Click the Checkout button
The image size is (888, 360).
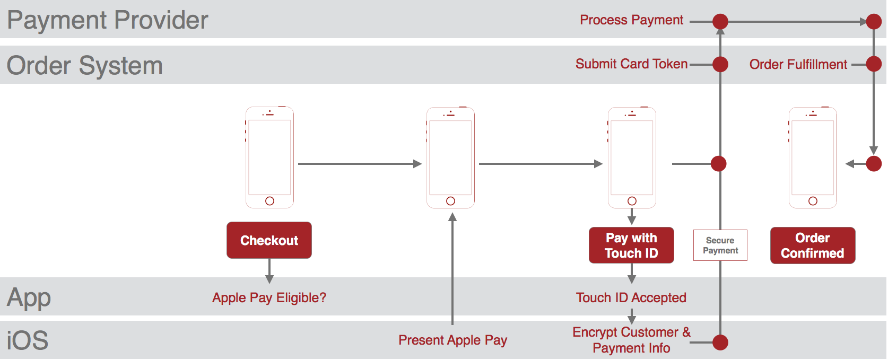tap(269, 240)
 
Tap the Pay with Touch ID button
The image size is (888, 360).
tap(631, 245)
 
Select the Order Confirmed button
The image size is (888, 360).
tap(813, 245)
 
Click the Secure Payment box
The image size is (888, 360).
tap(720, 245)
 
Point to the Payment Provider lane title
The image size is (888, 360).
tap(108, 20)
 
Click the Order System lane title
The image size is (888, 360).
tap(85, 65)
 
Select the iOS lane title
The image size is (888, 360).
tap(28, 340)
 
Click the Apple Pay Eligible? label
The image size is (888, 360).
tap(269, 297)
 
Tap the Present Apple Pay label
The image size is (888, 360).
tap(452, 340)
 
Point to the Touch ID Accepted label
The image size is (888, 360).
tap(631, 297)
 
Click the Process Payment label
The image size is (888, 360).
tap(631, 20)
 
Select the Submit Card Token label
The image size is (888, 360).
tap(631, 64)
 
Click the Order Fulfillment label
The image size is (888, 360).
tap(798, 64)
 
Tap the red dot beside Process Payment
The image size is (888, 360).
tap(720, 21)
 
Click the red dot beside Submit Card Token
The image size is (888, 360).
tap(720, 64)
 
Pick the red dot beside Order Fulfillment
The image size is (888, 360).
tap(874, 64)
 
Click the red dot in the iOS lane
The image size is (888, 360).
tap(720, 343)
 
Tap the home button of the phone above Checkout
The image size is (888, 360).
tap(269, 201)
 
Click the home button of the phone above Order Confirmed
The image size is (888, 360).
tap(813, 201)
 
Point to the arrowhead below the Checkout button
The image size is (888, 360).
tap(269, 279)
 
